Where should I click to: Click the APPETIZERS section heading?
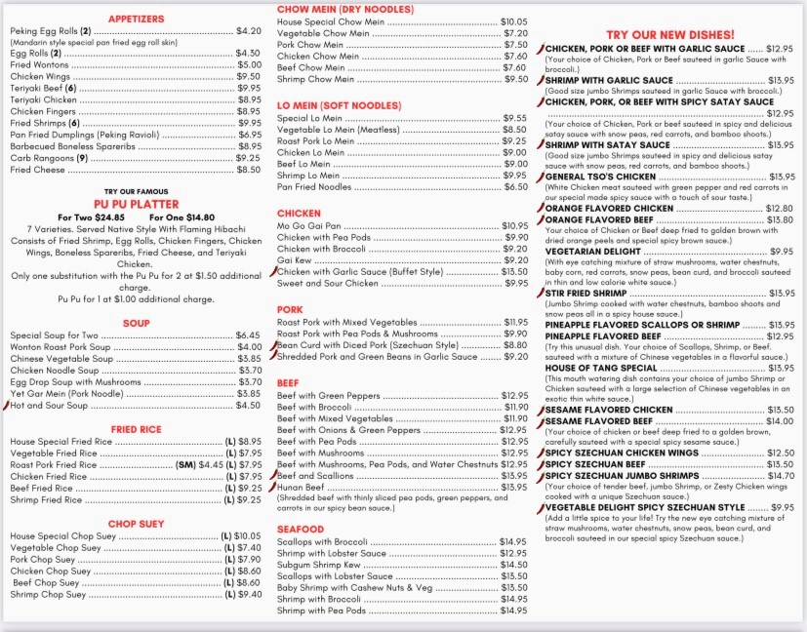pyautogui.click(x=136, y=19)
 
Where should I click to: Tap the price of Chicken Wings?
pyautogui.click(x=248, y=76)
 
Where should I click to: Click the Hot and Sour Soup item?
pyautogui.click(x=49, y=405)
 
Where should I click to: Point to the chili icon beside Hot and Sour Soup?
pyautogui.click(x=6, y=404)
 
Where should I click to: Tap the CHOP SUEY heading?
pyautogui.click(x=136, y=524)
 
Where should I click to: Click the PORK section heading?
pyautogui.click(x=290, y=309)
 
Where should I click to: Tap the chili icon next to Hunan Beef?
pyautogui.click(x=273, y=486)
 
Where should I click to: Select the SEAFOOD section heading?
pyautogui.click(x=300, y=529)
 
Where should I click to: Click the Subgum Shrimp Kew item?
pyautogui.click(x=319, y=565)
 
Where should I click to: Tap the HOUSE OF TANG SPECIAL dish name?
pyautogui.click(x=601, y=368)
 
